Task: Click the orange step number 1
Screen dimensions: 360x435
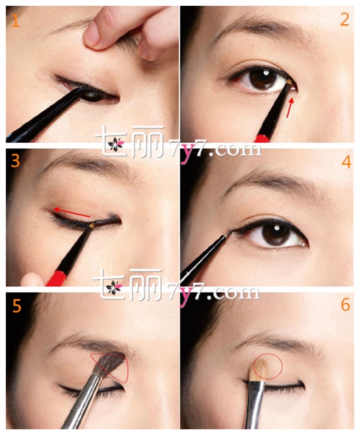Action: point(16,20)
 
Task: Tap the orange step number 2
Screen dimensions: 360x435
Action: point(344,20)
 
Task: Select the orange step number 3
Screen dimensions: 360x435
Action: point(16,161)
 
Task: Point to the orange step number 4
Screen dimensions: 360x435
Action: point(346,162)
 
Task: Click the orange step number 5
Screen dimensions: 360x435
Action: point(16,306)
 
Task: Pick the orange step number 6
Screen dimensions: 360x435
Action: point(346,305)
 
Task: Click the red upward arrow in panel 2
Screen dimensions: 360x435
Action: point(289,108)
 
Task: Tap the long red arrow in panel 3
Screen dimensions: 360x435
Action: point(72,213)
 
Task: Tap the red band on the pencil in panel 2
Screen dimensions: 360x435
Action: point(262,138)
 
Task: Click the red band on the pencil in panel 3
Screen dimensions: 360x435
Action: point(57,278)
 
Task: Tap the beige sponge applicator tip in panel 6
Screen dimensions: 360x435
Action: point(259,370)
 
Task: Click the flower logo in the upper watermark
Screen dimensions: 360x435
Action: point(115,145)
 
